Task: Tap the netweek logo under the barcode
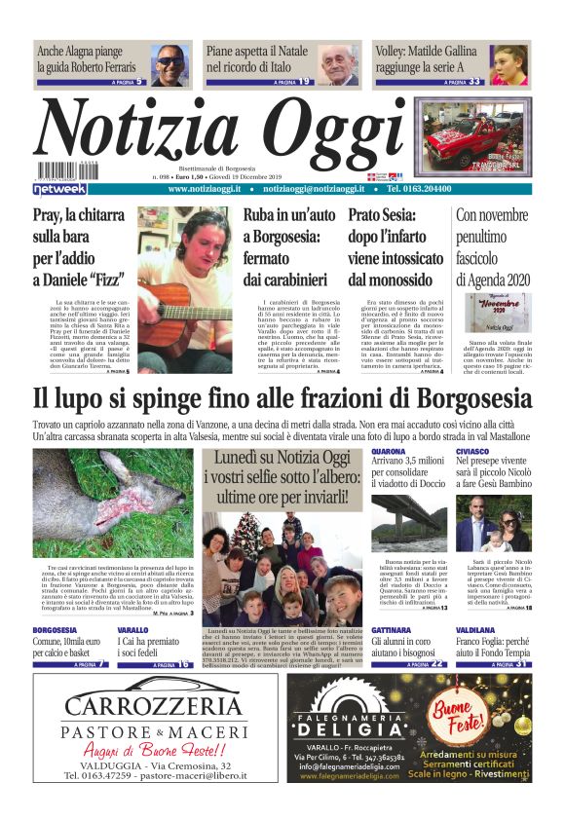(x=60, y=189)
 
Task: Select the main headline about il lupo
(x=282, y=399)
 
